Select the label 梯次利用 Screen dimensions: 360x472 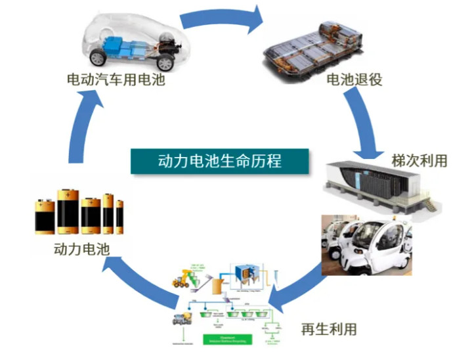click(419, 160)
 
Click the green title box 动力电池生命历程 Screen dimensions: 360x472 click(219, 161)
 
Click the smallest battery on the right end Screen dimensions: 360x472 click(119, 217)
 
